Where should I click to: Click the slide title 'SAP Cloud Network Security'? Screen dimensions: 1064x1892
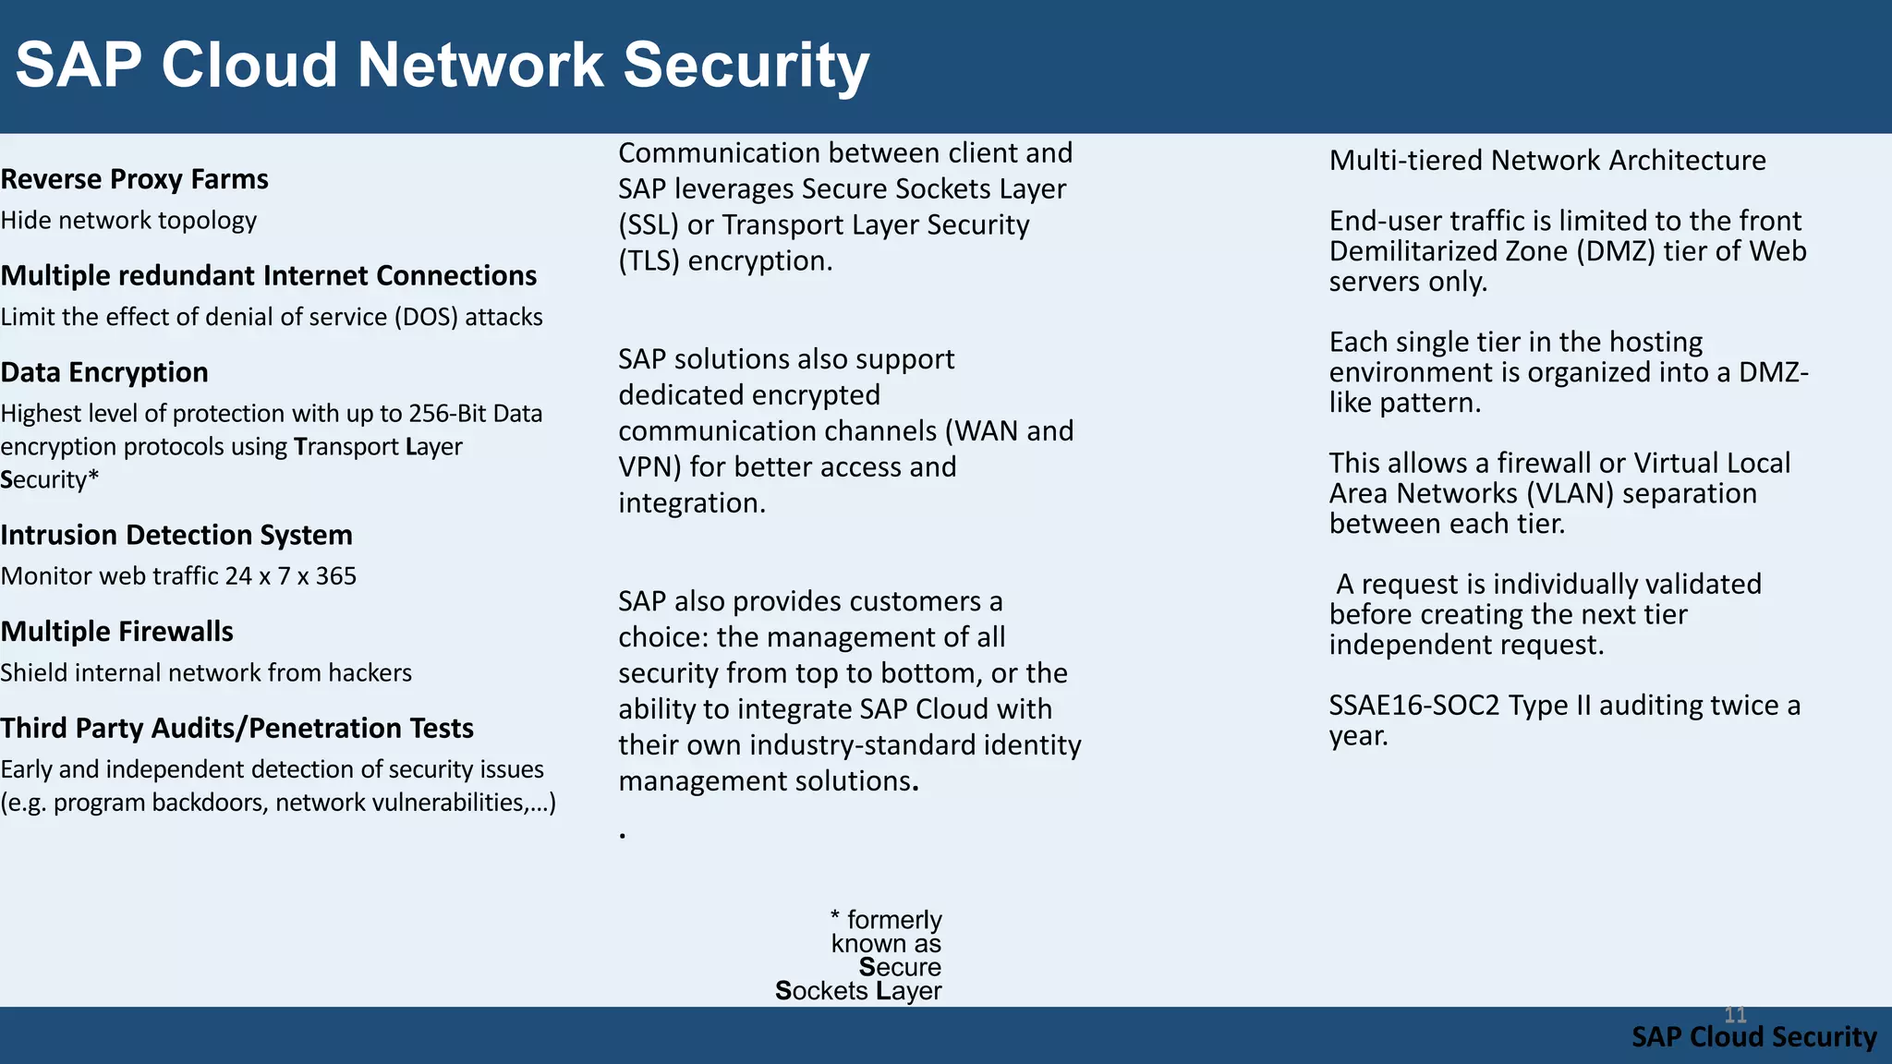(442, 66)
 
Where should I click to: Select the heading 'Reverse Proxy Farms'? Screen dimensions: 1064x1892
(134, 179)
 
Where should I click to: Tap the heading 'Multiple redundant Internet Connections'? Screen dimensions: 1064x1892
(268, 276)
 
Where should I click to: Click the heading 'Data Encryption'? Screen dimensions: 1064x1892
(104, 372)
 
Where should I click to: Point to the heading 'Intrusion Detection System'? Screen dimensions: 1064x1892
(176, 535)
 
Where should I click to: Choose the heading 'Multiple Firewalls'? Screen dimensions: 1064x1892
(116, 632)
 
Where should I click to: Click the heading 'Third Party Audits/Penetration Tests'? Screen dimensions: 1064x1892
(236, 729)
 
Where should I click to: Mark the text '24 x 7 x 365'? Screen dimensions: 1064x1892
(290, 576)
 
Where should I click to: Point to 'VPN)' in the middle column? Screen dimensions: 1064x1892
(649, 467)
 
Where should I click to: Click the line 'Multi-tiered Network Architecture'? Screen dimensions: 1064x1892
(1547, 161)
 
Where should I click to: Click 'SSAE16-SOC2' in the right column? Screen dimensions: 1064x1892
(1413, 706)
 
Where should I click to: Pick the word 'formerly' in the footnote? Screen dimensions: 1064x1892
(893, 920)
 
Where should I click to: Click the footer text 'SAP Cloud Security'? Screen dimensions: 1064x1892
(1753, 1037)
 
